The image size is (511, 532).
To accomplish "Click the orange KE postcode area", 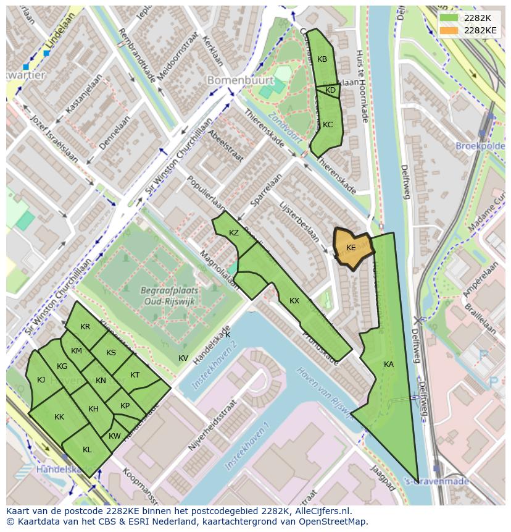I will point(352,248).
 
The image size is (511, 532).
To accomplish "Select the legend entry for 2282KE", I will point(468,30).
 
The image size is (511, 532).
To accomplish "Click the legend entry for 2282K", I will point(468,18).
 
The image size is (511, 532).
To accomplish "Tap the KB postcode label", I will point(322,59).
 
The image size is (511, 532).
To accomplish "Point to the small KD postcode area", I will point(330,90).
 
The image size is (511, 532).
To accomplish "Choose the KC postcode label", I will point(328,125).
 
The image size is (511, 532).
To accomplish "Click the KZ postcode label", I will point(234,233).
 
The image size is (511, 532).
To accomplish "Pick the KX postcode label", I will point(294,301).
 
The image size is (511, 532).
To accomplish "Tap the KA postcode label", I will point(388,365).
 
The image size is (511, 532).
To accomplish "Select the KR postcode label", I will point(85,327).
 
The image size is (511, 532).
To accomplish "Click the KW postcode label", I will point(114,436).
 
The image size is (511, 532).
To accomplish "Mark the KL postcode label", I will point(87,450).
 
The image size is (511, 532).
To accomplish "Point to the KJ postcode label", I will point(41,380).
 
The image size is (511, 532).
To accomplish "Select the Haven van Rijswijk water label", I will point(323,391).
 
